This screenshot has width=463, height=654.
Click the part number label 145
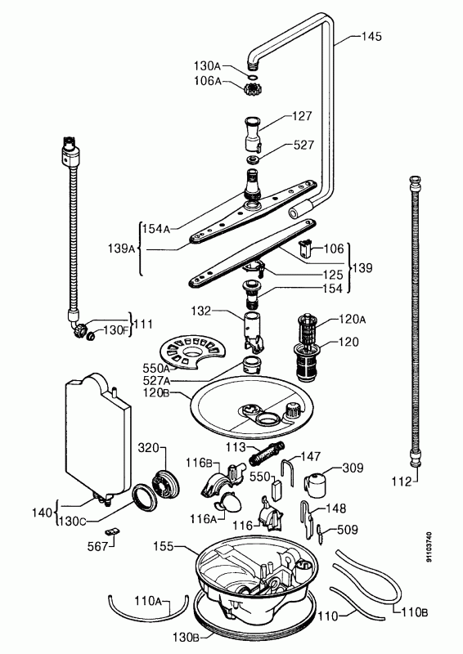[371, 36]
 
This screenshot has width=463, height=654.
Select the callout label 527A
[156, 380]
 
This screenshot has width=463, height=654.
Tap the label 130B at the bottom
[187, 637]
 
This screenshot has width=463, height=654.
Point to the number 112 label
[402, 482]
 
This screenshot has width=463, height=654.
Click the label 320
[149, 447]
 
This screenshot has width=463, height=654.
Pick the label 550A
[156, 369]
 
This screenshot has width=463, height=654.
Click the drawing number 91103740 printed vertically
[429, 547]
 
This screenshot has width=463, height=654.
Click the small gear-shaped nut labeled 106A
[250, 88]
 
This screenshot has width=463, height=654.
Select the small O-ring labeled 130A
[252, 77]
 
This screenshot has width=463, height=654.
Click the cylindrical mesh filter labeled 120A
[308, 329]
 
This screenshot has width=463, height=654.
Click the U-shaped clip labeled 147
[289, 472]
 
